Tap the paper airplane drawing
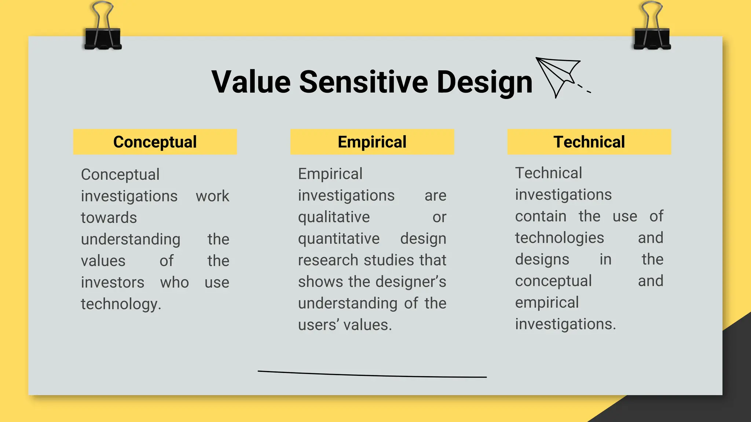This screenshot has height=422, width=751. pyautogui.click(x=559, y=75)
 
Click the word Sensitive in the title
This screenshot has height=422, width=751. pyautogui.click(x=363, y=82)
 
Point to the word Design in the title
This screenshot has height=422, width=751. pyautogui.click(x=484, y=83)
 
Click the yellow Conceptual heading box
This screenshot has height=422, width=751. pyautogui.click(x=155, y=142)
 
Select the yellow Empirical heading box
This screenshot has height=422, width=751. pyautogui.click(x=372, y=142)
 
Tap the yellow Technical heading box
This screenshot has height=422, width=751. pyautogui.click(x=589, y=142)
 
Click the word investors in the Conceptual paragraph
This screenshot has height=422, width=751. pyautogui.click(x=113, y=282)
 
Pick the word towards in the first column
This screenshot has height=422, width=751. pyautogui.click(x=109, y=218)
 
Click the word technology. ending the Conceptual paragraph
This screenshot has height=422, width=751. pyautogui.click(x=121, y=304)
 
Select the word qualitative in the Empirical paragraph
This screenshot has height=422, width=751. pyautogui.click(x=334, y=217)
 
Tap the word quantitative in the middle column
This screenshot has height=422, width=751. pyautogui.click(x=338, y=239)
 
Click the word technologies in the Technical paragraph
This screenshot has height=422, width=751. pyautogui.click(x=559, y=238)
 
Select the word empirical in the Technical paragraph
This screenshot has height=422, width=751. pyautogui.click(x=547, y=303)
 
